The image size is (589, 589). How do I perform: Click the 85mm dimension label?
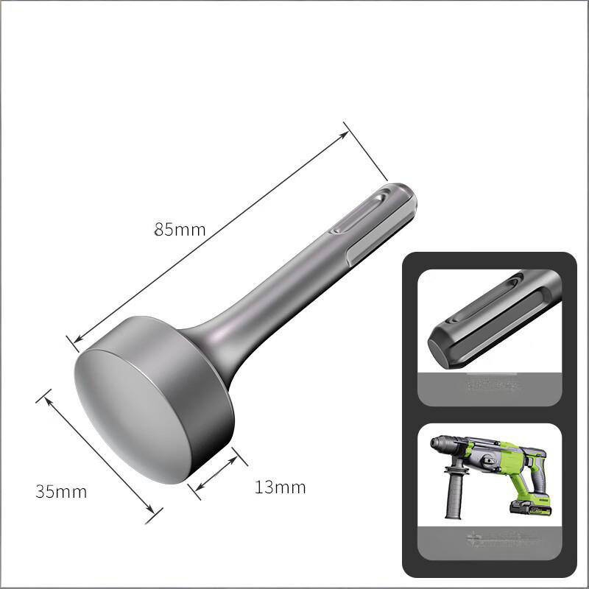point(180,229)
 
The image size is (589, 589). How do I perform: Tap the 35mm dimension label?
point(61,491)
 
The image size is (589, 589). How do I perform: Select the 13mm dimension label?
point(280,487)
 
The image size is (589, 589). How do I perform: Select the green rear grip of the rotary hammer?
point(541,471)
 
